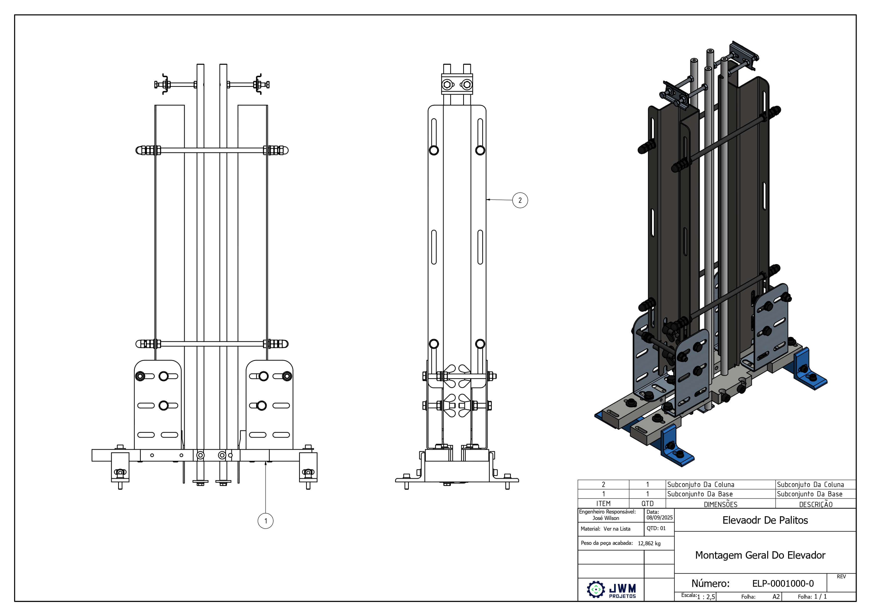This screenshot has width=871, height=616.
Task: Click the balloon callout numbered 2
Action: pos(520,200)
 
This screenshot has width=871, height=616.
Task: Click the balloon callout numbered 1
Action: pos(266,521)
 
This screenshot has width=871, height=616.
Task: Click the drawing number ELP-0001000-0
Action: pos(783,583)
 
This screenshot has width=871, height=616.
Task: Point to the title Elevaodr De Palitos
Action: pos(765,520)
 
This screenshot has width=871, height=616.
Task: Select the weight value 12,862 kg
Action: pos(649,543)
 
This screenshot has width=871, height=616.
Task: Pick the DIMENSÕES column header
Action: pos(720,504)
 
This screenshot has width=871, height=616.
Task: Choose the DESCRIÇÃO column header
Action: pos(816,504)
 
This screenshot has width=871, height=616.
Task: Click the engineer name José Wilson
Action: pos(606,518)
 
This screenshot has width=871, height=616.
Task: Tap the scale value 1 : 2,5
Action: pos(706,597)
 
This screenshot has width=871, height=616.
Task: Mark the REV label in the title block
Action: pos(841,577)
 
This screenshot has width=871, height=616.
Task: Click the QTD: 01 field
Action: pos(656,528)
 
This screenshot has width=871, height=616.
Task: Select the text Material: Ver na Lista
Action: pos(605,529)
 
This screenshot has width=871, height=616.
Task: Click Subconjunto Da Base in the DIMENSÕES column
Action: pos(700,494)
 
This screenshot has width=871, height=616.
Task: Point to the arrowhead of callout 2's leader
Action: pos(488,199)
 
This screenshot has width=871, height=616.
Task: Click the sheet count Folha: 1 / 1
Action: pos(812,597)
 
